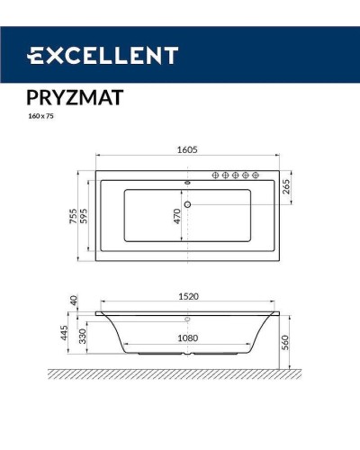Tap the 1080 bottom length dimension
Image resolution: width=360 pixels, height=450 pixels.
[187, 338]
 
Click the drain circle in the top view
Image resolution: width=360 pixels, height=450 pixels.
[187, 203]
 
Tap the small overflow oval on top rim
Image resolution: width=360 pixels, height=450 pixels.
[187, 178]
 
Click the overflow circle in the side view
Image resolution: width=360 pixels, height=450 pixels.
[187, 320]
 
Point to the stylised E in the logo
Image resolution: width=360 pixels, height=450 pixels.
[37, 56]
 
